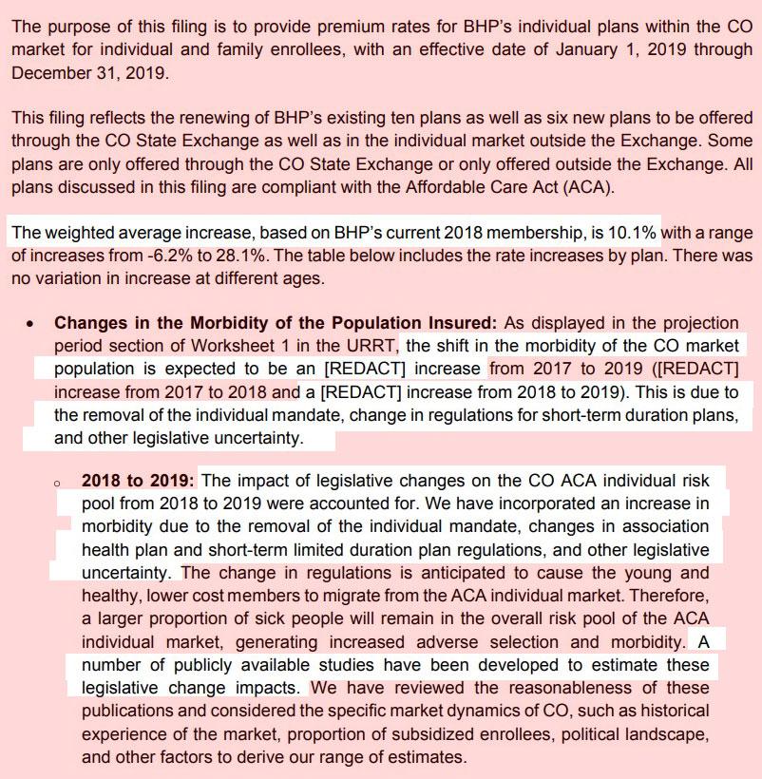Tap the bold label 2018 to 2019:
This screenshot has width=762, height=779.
pos(138,481)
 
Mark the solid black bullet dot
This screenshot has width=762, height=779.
pos(31,323)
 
